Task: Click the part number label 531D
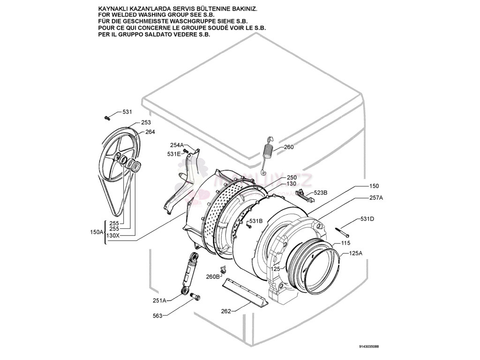pyautogui.click(x=367, y=219)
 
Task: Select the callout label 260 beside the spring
pyautogui.click(x=289, y=147)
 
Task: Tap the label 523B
pyautogui.click(x=321, y=193)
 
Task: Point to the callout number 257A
pyautogui.click(x=376, y=198)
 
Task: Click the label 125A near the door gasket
pyautogui.click(x=355, y=253)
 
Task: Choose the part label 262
pyautogui.click(x=226, y=311)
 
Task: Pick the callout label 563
pyautogui.click(x=157, y=316)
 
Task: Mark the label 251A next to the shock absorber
pyautogui.click(x=159, y=300)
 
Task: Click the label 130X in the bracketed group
pyautogui.click(x=113, y=235)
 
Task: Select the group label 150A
pyautogui.click(x=96, y=232)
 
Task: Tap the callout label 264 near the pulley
pyautogui.click(x=150, y=132)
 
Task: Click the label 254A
pyautogui.click(x=177, y=145)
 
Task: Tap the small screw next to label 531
pyautogui.click(x=107, y=117)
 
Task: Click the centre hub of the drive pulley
pyautogui.click(x=118, y=157)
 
